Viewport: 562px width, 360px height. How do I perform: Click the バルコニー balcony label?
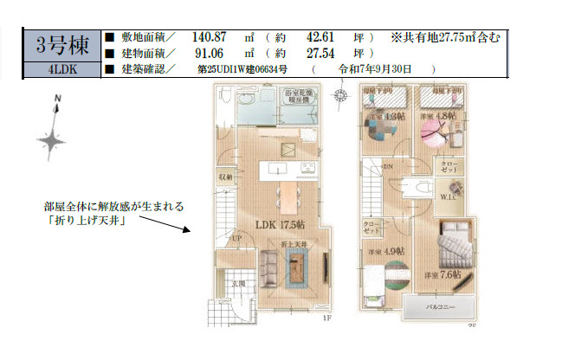point(440,306)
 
